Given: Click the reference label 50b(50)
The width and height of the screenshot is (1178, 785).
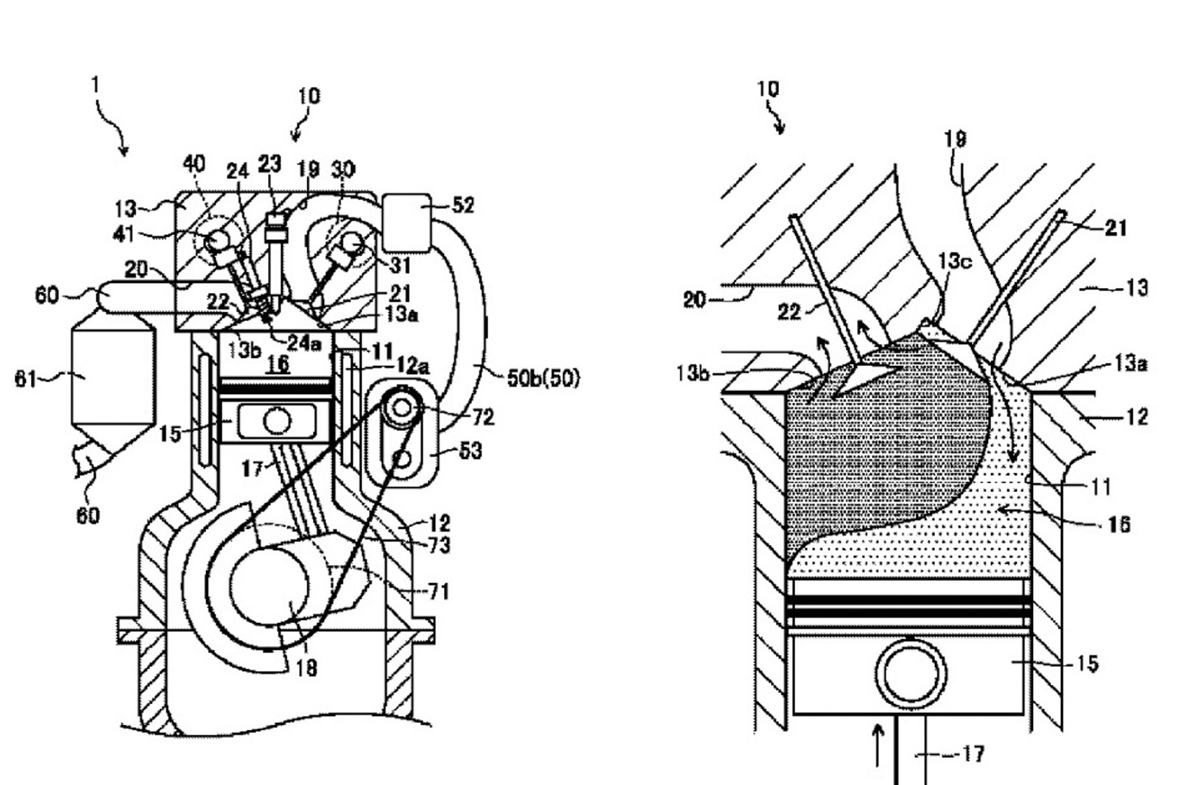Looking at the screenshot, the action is click(543, 379).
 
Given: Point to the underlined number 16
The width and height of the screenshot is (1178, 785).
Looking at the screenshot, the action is click(278, 364).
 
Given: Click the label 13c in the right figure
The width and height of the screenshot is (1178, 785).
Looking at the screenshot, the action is click(955, 261).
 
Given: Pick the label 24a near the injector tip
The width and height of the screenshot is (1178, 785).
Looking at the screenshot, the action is click(304, 344).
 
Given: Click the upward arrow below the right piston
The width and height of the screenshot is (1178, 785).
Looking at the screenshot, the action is click(877, 745).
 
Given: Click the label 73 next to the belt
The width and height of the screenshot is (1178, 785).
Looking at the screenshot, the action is click(439, 545).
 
